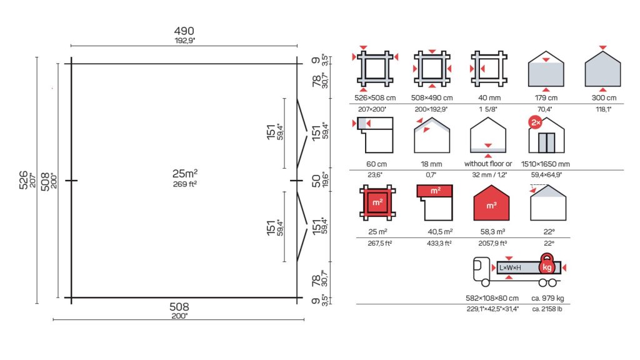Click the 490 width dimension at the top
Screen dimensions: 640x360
(184, 31)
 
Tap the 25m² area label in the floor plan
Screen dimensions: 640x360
(185, 174)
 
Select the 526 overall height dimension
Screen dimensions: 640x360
(24, 180)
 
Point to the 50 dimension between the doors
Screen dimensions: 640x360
(316, 181)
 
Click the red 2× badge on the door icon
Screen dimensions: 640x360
(536, 122)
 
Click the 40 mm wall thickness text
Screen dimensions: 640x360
(489, 98)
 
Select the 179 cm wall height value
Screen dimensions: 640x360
(546, 98)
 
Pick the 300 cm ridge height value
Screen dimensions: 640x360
(604, 98)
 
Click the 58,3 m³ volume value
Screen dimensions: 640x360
(492, 232)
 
